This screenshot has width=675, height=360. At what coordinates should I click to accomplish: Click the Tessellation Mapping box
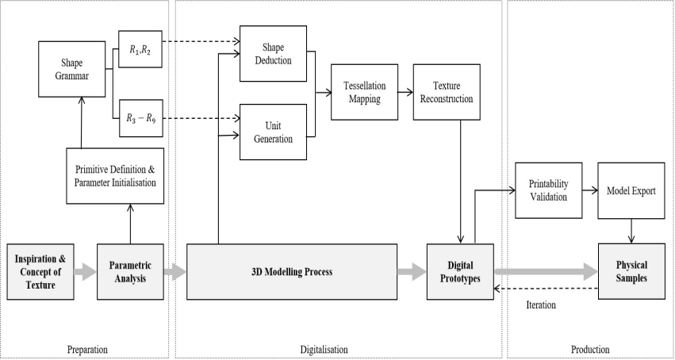point(362,93)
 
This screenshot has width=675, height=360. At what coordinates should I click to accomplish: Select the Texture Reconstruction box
point(453,93)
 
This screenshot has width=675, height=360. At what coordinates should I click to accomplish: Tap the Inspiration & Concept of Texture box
point(40,272)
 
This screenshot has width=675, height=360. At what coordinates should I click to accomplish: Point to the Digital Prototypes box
point(458,272)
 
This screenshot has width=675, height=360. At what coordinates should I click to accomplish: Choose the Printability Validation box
point(548,190)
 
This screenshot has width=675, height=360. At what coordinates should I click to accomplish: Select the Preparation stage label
point(86,349)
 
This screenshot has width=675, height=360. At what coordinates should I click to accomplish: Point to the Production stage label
point(590,349)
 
